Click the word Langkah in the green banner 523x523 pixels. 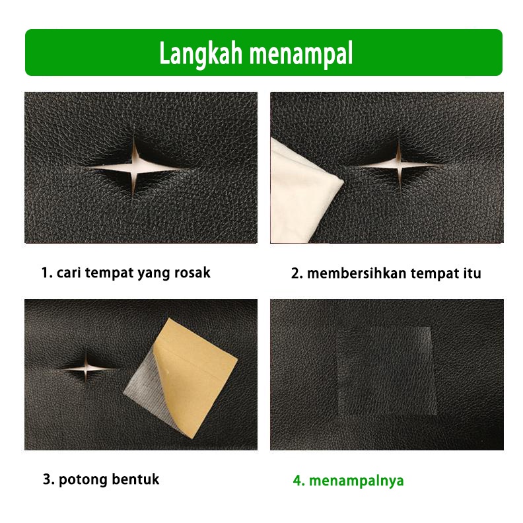coord(199,53)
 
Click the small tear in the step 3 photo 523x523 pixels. coord(88,366)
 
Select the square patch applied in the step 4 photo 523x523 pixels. coord(384,371)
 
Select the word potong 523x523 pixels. coord(83,479)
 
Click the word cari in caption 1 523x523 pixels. coord(68,272)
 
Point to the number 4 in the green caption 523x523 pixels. coord(297,481)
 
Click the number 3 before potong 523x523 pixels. coord(47,479)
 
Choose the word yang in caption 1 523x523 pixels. coord(153,272)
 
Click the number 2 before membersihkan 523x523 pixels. coord(295,273)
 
